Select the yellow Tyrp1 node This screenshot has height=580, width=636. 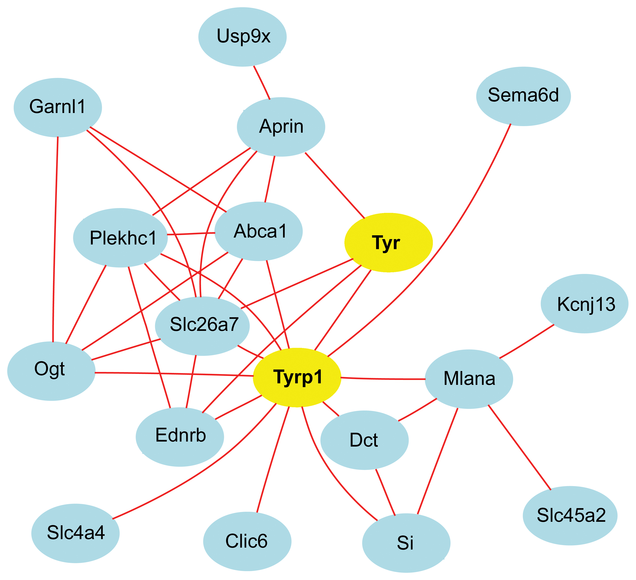(297, 377)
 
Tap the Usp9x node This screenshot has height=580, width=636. (242, 37)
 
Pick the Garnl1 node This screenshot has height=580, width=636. (57, 107)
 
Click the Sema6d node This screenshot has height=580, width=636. (523, 96)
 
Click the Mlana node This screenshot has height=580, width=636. (469, 379)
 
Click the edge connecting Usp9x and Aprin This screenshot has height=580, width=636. (262, 82)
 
